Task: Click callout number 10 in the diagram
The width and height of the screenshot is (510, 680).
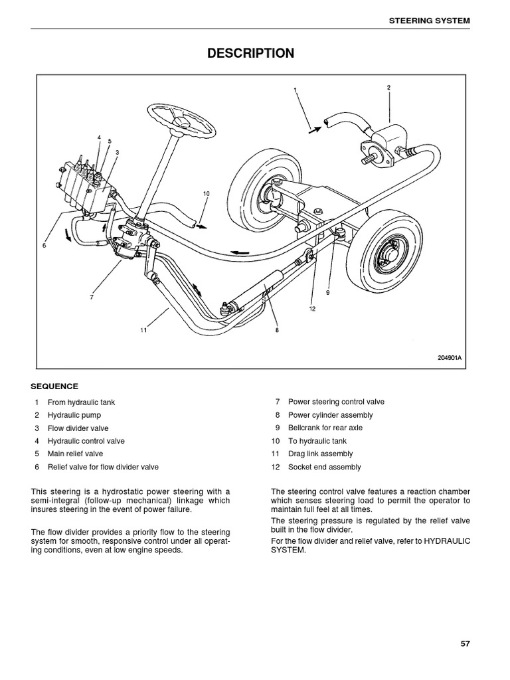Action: click(206, 194)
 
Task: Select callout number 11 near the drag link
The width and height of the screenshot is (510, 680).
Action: click(143, 330)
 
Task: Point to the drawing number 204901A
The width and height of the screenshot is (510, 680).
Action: click(449, 357)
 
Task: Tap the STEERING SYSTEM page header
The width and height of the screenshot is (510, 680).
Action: click(429, 21)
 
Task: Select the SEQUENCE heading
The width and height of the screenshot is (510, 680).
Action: click(54, 386)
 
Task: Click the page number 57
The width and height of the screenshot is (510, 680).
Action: click(464, 643)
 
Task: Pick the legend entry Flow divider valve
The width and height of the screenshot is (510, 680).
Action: click(78, 428)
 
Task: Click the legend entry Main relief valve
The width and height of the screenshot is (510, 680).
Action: click(75, 454)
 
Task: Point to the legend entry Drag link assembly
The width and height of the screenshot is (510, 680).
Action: click(320, 454)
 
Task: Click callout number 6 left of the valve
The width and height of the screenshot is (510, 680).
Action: click(44, 246)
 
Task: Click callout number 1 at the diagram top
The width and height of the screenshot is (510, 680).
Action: click(295, 90)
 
